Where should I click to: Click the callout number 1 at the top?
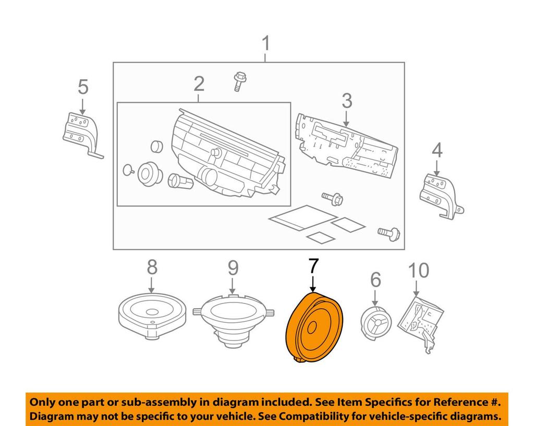click(266, 44)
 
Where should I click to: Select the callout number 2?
click(199, 83)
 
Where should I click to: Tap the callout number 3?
click(347, 101)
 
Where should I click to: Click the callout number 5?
click(83, 87)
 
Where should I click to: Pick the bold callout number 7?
click(312, 266)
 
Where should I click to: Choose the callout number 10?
click(418, 270)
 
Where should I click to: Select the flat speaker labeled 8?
click(152, 312)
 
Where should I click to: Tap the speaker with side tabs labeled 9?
click(233, 318)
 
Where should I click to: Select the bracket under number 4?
click(440, 195)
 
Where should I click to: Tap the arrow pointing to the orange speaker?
click(312, 284)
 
